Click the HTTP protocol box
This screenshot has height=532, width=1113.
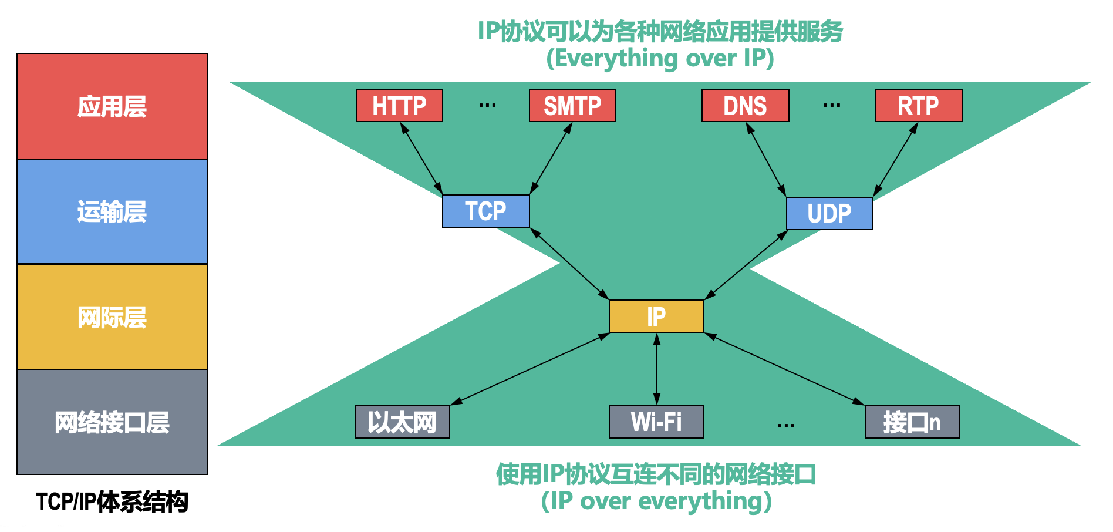pos(399,106)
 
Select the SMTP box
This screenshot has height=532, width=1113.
pos(572,106)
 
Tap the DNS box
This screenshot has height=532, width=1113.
pos(745,106)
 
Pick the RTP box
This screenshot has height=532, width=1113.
pos(918,106)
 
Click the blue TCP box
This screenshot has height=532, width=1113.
pos(485,211)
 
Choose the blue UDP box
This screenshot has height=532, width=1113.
pos(829,213)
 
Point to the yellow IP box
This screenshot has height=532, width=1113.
pos(656,316)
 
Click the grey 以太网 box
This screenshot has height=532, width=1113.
pos(402,422)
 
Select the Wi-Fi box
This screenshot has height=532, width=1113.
pos(656,422)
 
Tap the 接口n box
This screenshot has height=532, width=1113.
pos(912,422)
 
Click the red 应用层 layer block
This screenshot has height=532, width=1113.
pos(112,106)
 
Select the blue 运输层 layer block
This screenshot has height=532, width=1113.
pos(112,211)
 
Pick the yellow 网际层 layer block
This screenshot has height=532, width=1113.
pos(112,316)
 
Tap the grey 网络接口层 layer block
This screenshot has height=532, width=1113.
pos(112,422)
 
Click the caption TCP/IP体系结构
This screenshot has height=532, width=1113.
pos(112,502)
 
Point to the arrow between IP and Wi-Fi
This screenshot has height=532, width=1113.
pos(656,369)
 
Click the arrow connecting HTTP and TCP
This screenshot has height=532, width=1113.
pos(421,158)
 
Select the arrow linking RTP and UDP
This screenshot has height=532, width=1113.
pos(895,160)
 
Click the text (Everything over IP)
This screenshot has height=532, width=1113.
pos(660,58)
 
